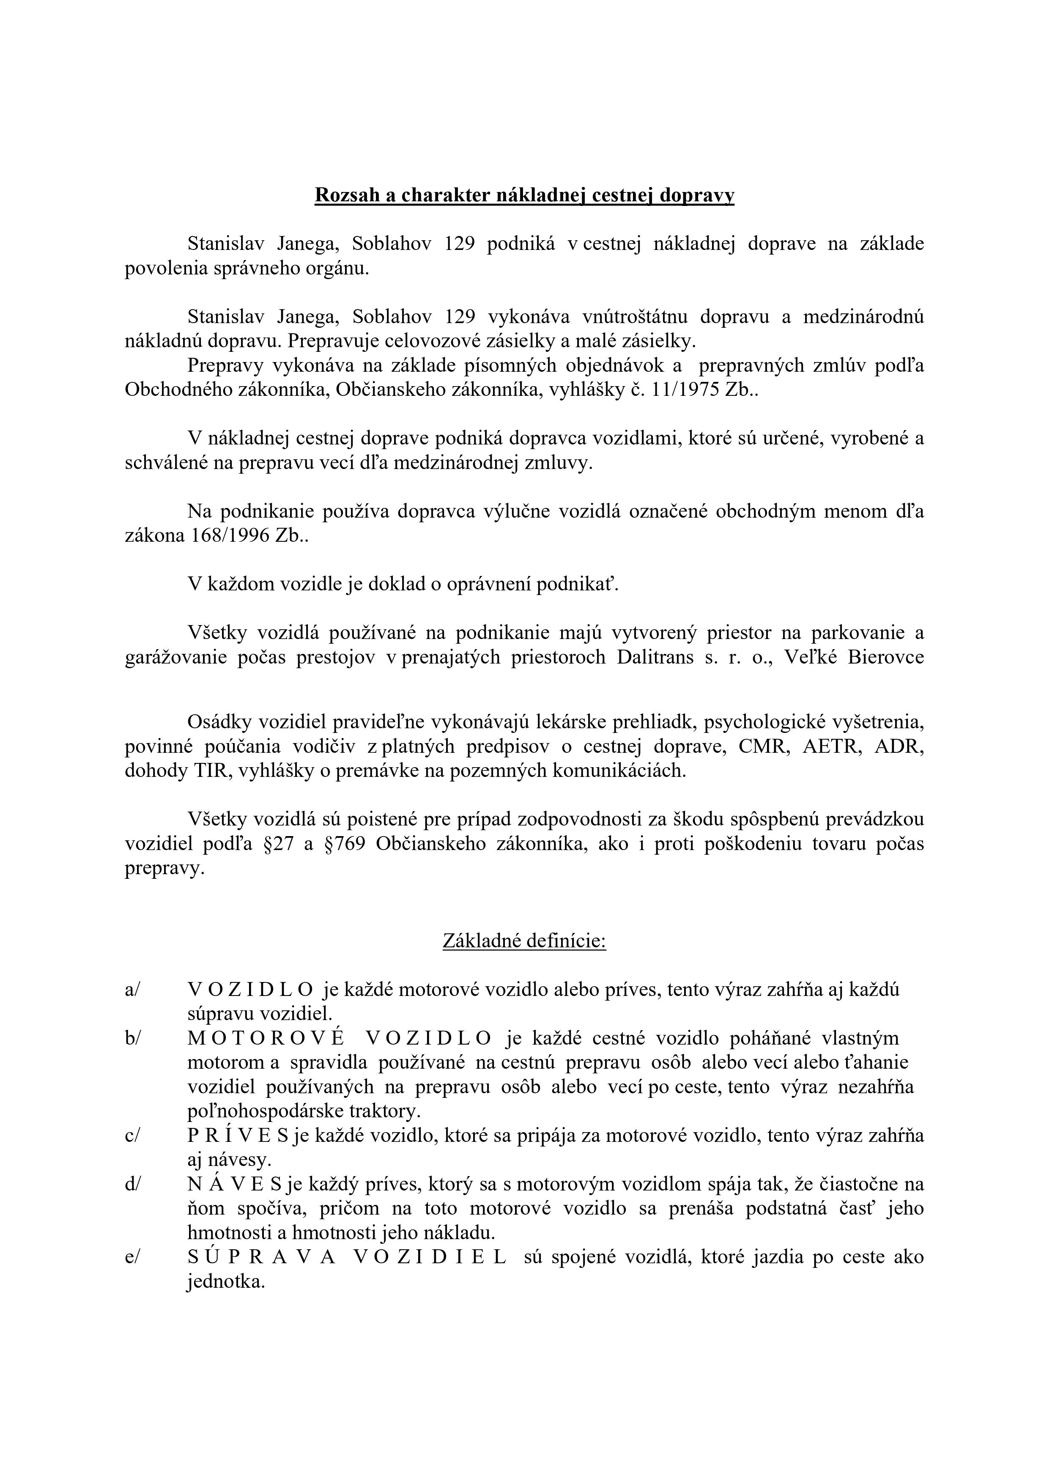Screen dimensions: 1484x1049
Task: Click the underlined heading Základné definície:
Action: coord(524,941)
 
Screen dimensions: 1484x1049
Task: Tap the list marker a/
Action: coord(132,990)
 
